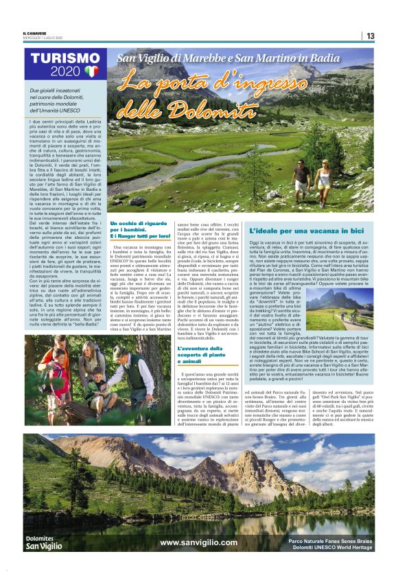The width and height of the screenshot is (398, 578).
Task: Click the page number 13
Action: tap(371, 36)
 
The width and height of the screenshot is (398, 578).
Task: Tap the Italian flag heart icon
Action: tap(92, 71)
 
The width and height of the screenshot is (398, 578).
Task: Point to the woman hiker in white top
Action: tap(323, 179)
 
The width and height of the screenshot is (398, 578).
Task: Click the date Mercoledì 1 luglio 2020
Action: tap(43, 38)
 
